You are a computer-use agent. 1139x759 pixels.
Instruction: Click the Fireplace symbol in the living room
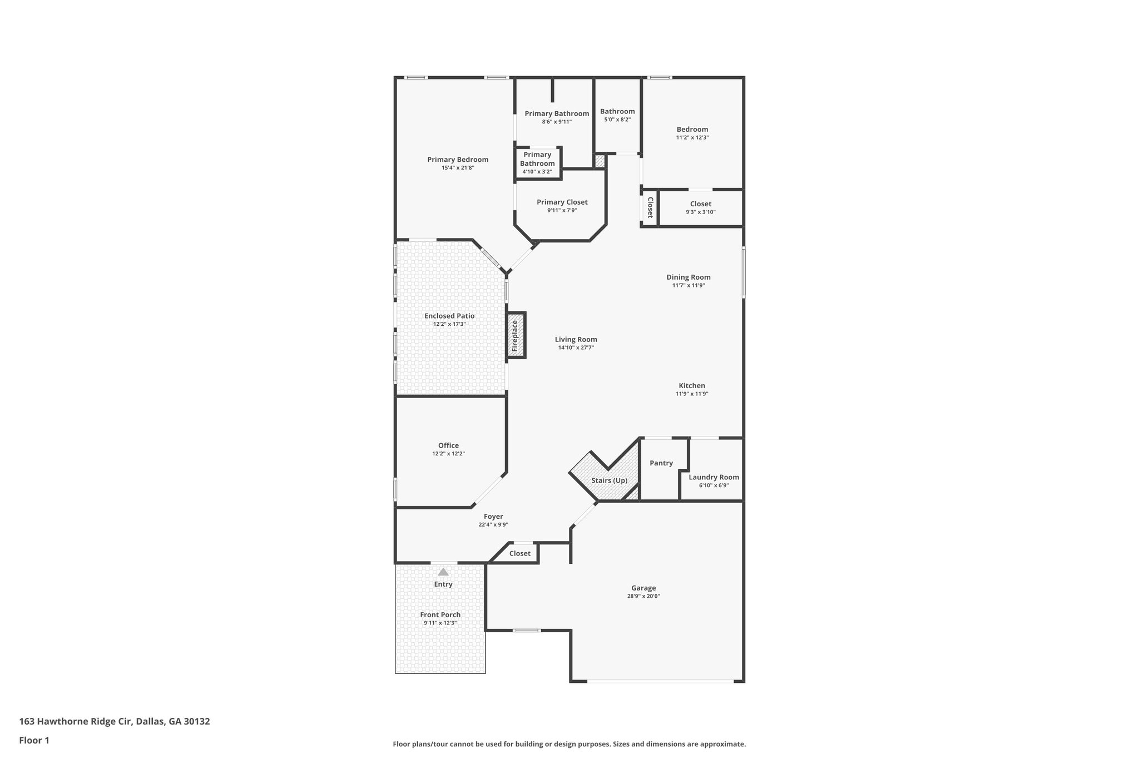coord(516,335)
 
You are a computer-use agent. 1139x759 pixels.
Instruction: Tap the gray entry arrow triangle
coord(443,572)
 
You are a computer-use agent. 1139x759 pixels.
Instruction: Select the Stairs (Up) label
coord(609,480)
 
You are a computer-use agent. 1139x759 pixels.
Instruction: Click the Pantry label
coord(661,463)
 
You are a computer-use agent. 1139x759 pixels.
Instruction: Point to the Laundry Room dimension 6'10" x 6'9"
coord(714,485)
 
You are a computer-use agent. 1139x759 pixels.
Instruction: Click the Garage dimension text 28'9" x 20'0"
coord(643,596)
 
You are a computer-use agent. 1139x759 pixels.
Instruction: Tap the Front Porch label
coord(440,614)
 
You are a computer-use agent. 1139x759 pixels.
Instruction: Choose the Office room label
coord(448,445)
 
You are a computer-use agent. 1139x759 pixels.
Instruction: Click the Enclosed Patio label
coord(449,316)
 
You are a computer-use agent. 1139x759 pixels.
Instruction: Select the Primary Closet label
coord(562,202)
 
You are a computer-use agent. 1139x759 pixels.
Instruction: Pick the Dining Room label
coord(689,277)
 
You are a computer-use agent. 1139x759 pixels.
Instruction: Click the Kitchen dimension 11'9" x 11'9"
coord(692,394)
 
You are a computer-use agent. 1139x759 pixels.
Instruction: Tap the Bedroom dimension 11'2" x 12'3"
coord(692,137)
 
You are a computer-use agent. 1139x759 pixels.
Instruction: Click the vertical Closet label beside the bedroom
coord(650,207)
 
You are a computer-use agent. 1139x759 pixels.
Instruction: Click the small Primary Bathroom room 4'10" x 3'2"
coord(537,163)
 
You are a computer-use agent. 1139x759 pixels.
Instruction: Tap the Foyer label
coord(493,517)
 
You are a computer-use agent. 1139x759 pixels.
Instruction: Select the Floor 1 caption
coord(34,740)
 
